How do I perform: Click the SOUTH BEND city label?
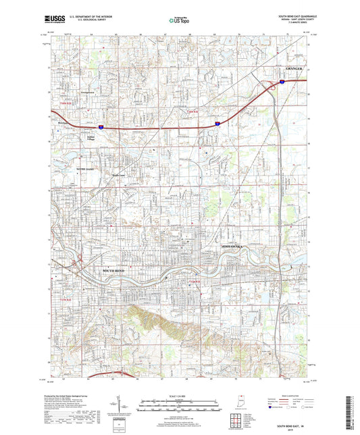click(x=114, y=271)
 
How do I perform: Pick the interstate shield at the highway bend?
click(x=217, y=124)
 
